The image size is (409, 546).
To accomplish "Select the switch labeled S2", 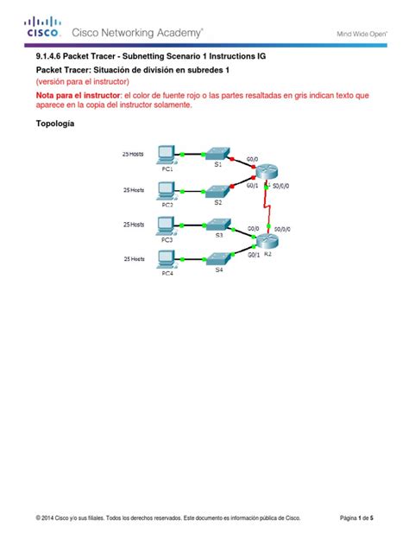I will click(217, 191).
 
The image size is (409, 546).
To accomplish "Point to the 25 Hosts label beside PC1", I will click(133, 153).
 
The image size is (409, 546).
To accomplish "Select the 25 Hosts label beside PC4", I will click(133, 257).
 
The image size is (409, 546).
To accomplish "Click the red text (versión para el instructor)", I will click(81, 80).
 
